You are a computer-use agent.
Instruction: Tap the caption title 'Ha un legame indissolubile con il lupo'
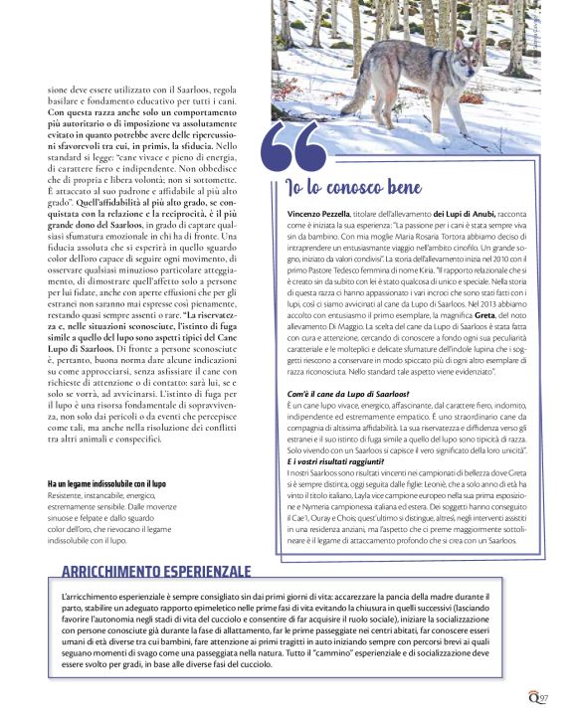106,483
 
